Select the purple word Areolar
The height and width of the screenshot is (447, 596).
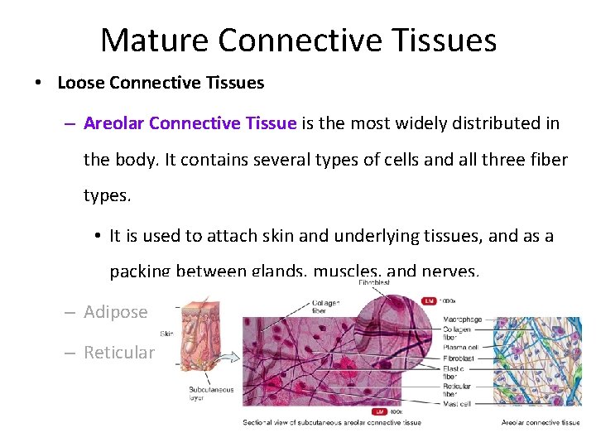click(x=113, y=123)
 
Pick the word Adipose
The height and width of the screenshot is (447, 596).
click(x=116, y=312)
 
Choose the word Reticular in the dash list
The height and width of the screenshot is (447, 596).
click(x=119, y=353)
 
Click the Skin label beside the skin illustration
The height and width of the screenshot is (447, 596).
click(x=166, y=334)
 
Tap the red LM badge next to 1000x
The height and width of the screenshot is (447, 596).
click(x=428, y=300)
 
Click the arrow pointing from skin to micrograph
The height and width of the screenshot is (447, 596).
click(x=229, y=358)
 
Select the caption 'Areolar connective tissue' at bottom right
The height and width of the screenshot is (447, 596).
click(x=541, y=422)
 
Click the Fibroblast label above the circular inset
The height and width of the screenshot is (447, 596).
click(x=375, y=282)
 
